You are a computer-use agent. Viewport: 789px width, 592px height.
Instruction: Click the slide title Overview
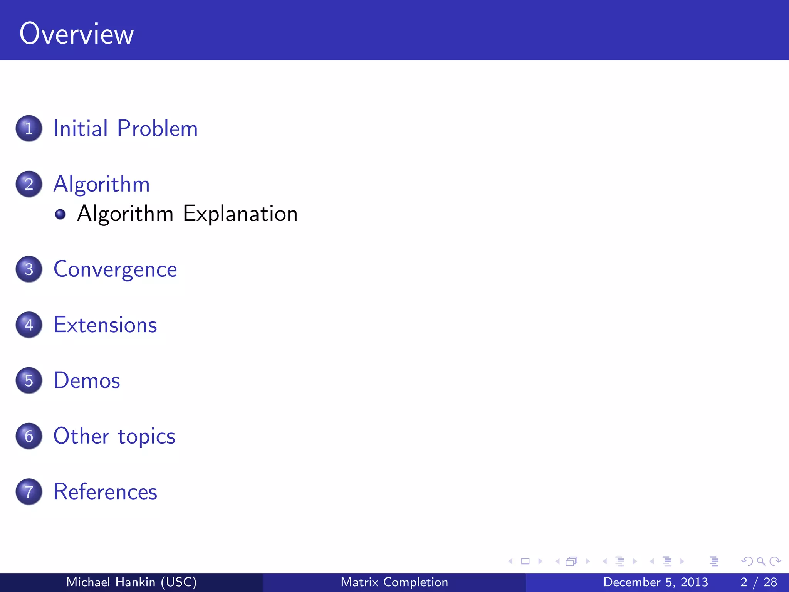click(76, 34)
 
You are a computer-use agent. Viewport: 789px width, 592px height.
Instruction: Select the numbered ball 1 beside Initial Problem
click(29, 128)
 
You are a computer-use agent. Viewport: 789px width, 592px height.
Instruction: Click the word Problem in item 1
click(157, 128)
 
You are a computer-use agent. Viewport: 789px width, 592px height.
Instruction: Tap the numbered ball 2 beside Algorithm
click(29, 184)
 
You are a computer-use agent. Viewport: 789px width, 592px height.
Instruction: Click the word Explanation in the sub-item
click(240, 214)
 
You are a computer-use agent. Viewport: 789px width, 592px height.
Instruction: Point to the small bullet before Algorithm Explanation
click(60, 214)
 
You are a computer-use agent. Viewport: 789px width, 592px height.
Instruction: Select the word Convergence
click(115, 269)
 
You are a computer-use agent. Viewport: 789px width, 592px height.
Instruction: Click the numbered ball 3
click(29, 269)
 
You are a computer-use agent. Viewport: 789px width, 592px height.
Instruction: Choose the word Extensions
click(105, 325)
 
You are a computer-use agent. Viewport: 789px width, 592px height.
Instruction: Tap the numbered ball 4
click(29, 325)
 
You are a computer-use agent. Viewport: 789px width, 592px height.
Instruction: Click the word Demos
click(87, 380)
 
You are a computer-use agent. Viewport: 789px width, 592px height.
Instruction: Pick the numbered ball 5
click(29, 380)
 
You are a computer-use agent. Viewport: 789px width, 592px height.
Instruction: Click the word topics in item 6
click(146, 437)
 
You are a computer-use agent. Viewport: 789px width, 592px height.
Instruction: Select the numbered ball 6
click(29, 436)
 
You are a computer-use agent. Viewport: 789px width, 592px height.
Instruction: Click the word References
click(105, 492)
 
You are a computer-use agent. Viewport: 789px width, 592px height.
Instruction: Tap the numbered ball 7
click(29, 491)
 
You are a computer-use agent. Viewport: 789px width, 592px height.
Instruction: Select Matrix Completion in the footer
click(394, 582)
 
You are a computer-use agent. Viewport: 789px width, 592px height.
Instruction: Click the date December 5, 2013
click(655, 582)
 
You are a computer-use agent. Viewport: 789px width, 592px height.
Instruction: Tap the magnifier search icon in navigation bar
click(761, 561)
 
